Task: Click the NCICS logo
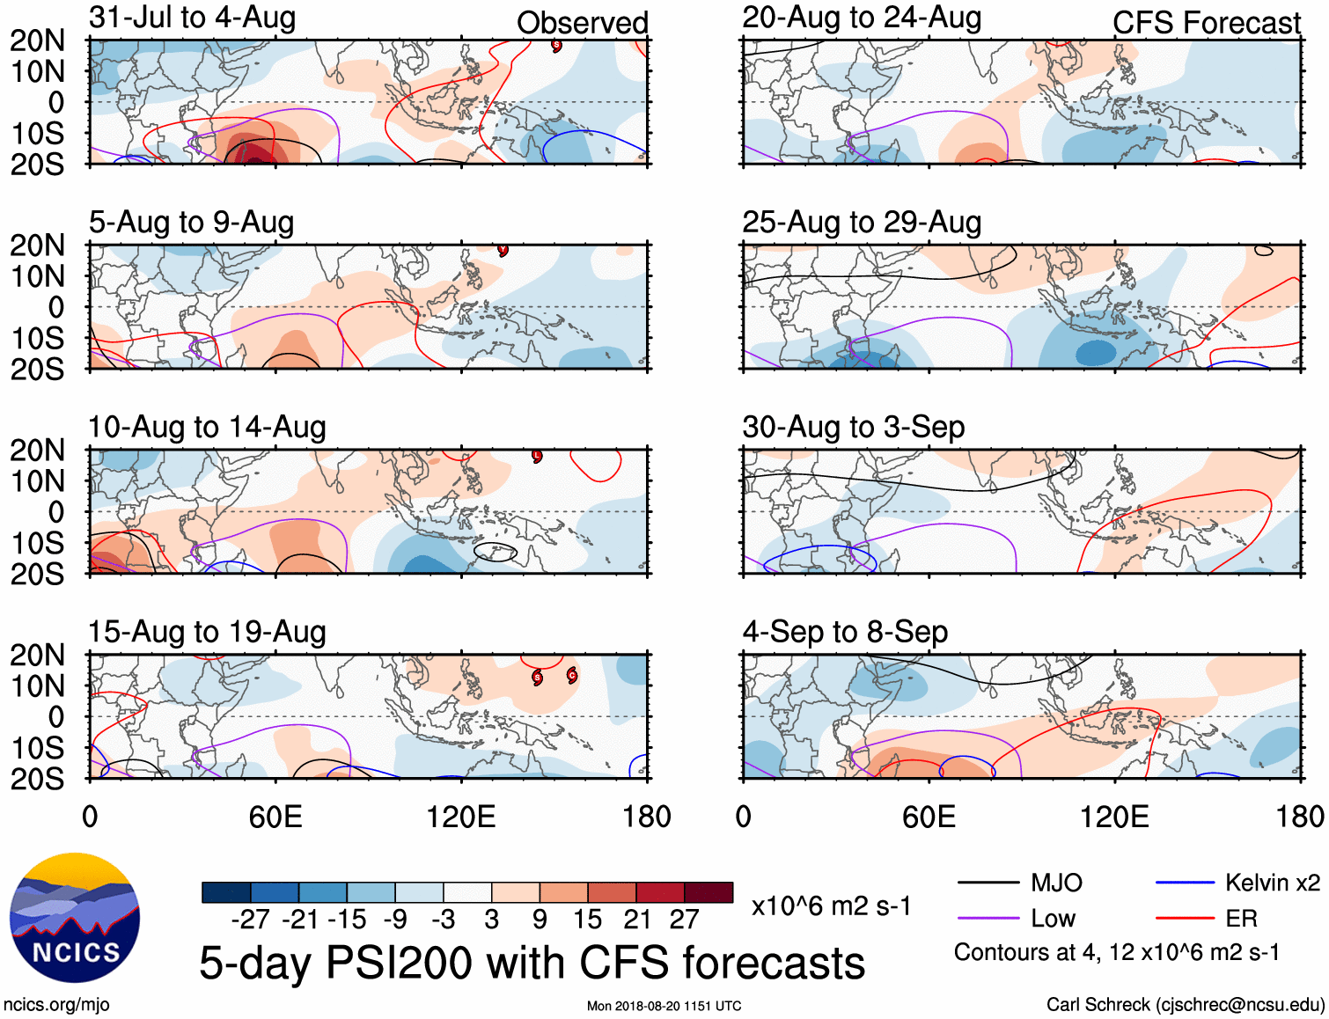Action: click(x=75, y=918)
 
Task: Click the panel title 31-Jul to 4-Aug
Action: click(x=192, y=18)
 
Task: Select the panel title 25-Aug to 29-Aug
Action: click(x=862, y=223)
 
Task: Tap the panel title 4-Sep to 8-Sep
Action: click(x=845, y=632)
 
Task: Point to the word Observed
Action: click(x=582, y=23)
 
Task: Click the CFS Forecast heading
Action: click(x=1206, y=23)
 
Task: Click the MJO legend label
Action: click(x=1056, y=883)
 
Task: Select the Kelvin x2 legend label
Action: click(x=1272, y=883)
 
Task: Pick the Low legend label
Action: click(x=1053, y=919)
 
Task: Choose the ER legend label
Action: click(x=1241, y=919)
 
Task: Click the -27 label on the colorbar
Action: click(x=251, y=920)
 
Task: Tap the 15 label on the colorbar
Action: click(x=587, y=920)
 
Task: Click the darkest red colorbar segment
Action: click(x=709, y=892)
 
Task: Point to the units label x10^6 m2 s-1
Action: click(x=831, y=906)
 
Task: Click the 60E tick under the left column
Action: click(x=275, y=817)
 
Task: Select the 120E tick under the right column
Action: click(x=1114, y=817)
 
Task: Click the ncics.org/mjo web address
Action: click(x=56, y=1005)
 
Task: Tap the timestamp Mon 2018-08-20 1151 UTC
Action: click(x=664, y=1006)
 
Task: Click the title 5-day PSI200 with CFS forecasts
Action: click(x=532, y=963)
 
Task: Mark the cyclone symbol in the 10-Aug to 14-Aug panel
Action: click(x=537, y=456)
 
